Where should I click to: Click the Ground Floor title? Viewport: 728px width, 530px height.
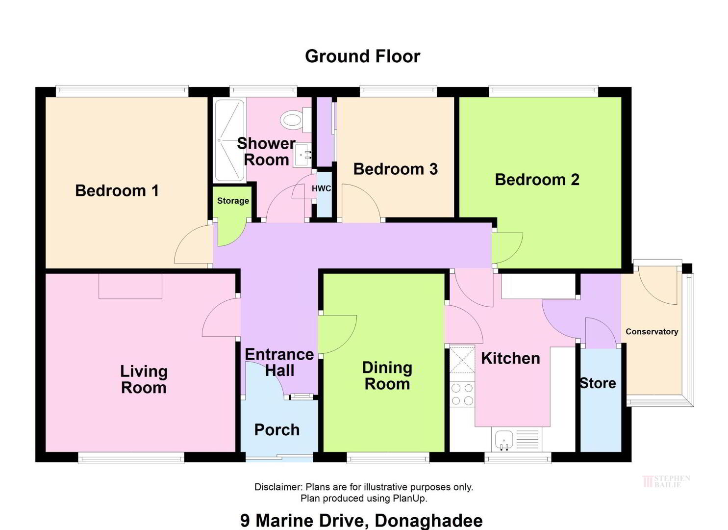tap(362, 56)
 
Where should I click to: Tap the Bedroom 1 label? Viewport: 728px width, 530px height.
tap(117, 191)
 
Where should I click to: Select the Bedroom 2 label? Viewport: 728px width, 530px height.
tap(537, 180)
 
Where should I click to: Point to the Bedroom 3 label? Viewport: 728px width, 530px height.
tap(396, 169)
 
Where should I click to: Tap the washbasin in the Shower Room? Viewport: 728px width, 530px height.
tap(303, 157)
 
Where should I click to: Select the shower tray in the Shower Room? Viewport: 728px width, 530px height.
tap(229, 140)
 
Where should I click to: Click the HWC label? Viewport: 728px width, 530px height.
tap(322, 189)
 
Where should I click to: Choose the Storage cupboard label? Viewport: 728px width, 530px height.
tap(233, 201)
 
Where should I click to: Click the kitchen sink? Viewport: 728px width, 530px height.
tap(504, 440)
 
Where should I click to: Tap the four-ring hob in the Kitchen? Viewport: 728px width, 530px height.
tap(462, 394)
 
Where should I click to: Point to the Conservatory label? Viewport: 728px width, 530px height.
tap(652, 332)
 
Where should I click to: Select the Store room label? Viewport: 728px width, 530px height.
tap(598, 383)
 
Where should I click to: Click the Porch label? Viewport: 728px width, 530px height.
tap(277, 430)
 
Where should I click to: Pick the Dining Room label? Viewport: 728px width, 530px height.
tap(387, 376)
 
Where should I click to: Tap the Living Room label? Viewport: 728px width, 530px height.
tap(144, 380)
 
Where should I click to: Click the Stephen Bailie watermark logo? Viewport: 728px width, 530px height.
tap(666, 481)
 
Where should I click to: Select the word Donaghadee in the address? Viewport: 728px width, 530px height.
tap(428, 521)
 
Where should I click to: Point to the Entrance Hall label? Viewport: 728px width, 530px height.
tap(279, 362)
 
